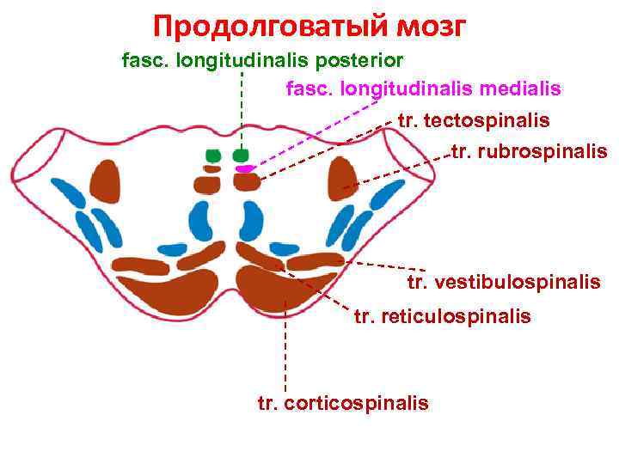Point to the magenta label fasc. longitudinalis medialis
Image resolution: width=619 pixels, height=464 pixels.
click(423, 89)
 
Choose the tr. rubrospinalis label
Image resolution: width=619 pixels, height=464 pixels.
click(530, 153)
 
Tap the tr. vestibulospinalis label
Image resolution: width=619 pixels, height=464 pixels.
click(504, 282)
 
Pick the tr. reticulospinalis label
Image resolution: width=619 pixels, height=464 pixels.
click(443, 317)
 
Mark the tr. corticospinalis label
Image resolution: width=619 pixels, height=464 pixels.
click(343, 403)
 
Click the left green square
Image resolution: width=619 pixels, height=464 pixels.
click(213, 156)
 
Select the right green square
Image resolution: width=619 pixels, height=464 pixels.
click(240, 156)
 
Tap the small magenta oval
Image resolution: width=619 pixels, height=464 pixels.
click(245, 169)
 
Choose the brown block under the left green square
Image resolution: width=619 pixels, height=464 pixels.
click(208, 184)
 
